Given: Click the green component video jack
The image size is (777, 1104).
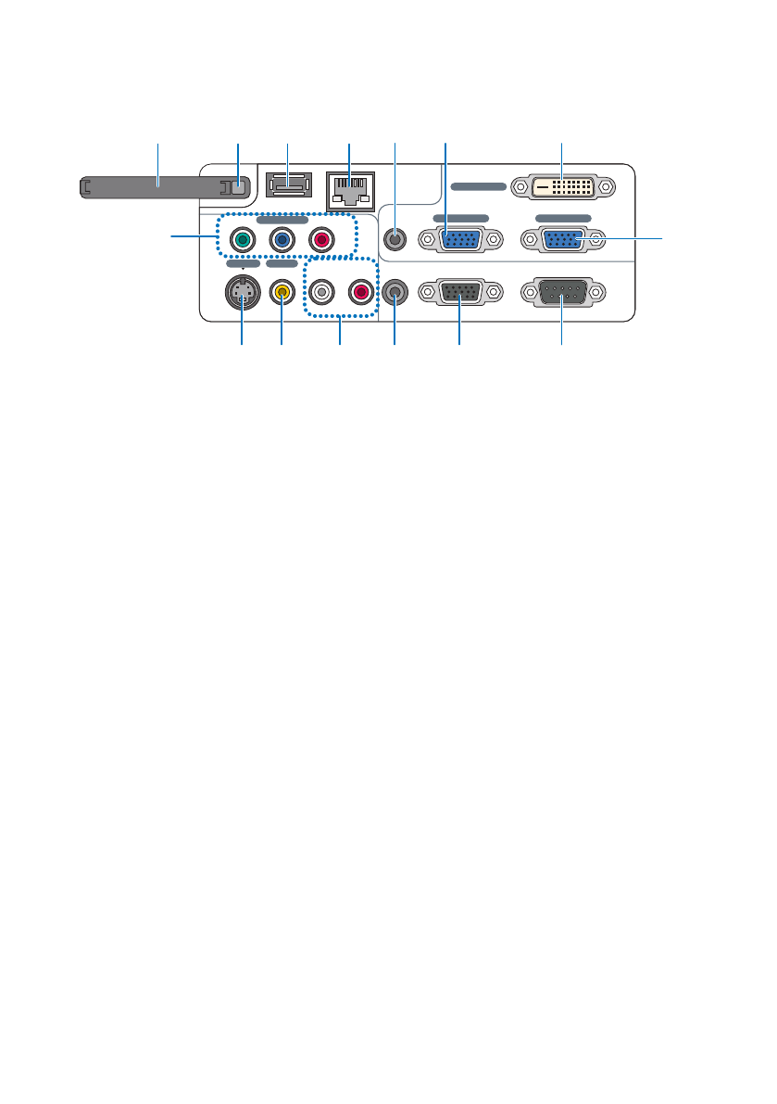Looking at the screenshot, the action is click(242, 240).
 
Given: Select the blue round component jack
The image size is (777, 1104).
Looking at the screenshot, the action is click(281, 240).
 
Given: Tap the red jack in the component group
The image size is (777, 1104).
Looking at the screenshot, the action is click(320, 240).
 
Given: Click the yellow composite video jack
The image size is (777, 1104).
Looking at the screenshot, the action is click(282, 293).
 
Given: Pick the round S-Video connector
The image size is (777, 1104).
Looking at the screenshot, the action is click(242, 294).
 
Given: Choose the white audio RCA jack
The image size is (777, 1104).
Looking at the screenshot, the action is click(320, 293).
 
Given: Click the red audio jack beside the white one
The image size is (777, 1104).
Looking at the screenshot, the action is click(359, 293).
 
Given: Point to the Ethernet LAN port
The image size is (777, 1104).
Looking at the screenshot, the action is click(347, 190).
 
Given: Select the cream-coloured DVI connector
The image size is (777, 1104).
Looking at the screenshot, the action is click(562, 186).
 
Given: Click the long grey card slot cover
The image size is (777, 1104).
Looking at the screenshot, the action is click(153, 187).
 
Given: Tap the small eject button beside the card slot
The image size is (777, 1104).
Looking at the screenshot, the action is click(238, 186).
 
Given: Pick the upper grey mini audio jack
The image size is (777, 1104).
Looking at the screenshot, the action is click(396, 239).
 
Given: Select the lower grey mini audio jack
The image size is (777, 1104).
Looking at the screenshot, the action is click(396, 293).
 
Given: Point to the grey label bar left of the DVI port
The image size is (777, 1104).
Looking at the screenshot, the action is click(479, 186).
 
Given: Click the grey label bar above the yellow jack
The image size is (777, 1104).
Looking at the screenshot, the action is click(282, 263).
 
